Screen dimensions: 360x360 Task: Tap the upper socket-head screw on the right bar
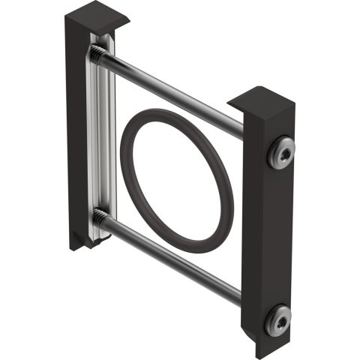(280, 153)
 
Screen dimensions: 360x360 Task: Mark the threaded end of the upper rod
(98, 53)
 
